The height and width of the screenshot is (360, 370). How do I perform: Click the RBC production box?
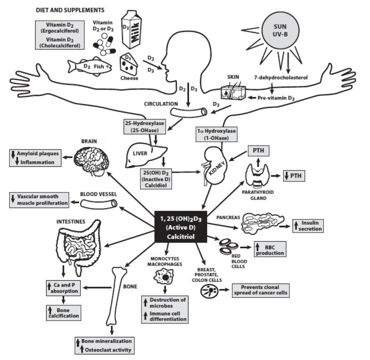(269, 249)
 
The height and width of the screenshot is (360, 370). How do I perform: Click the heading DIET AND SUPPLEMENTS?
(70, 9)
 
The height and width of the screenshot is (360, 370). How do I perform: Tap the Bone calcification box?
(62, 312)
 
